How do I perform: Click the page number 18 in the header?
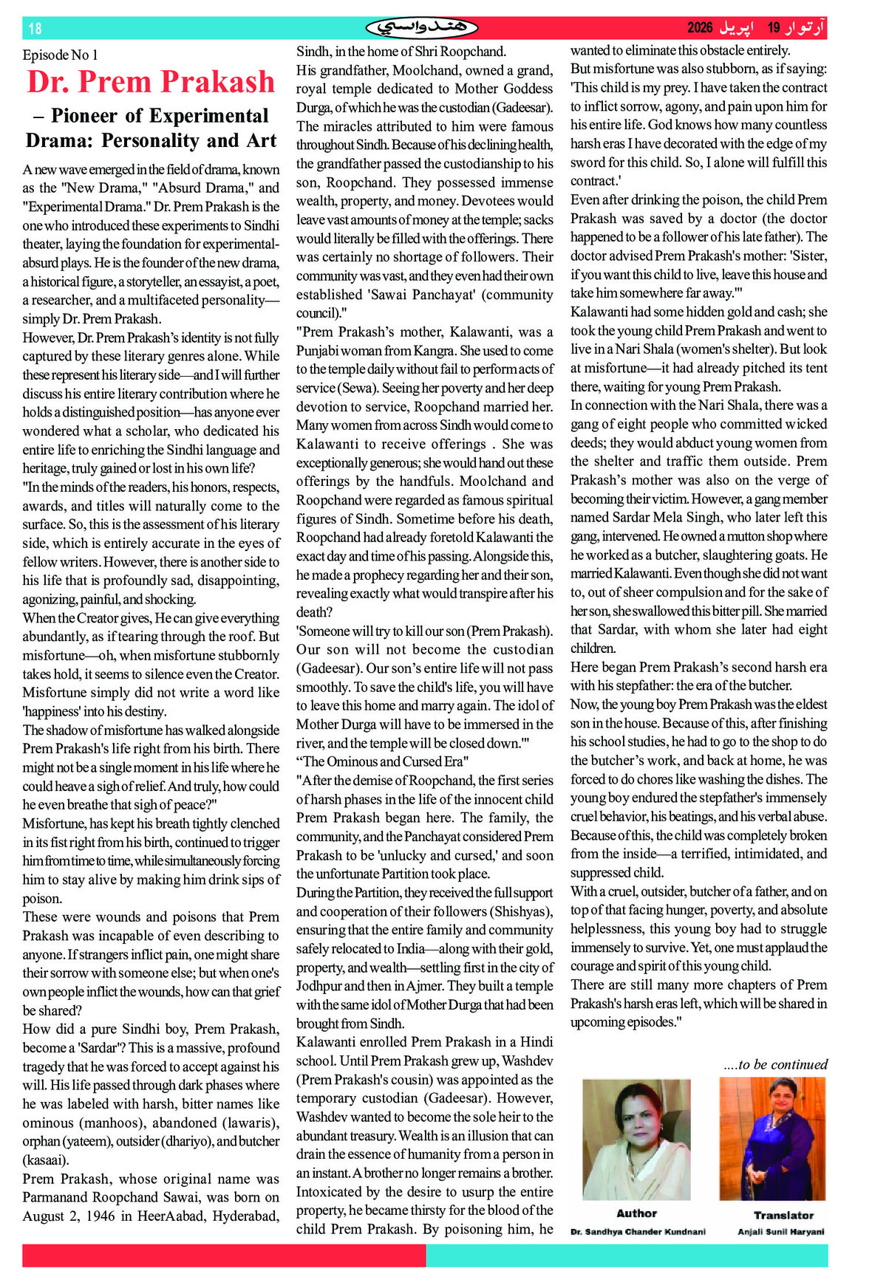(35, 29)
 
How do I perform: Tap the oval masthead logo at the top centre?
(422, 28)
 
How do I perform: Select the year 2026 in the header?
(700, 28)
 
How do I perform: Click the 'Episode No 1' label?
(60, 55)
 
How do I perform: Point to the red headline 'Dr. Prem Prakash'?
(151, 82)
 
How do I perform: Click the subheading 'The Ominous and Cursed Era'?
(383, 761)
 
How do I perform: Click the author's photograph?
(636, 1139)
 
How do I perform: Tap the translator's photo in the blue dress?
(773, 1139)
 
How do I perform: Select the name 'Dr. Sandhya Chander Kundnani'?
(638, 1231)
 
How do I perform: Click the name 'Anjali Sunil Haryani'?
(780, 1231)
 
